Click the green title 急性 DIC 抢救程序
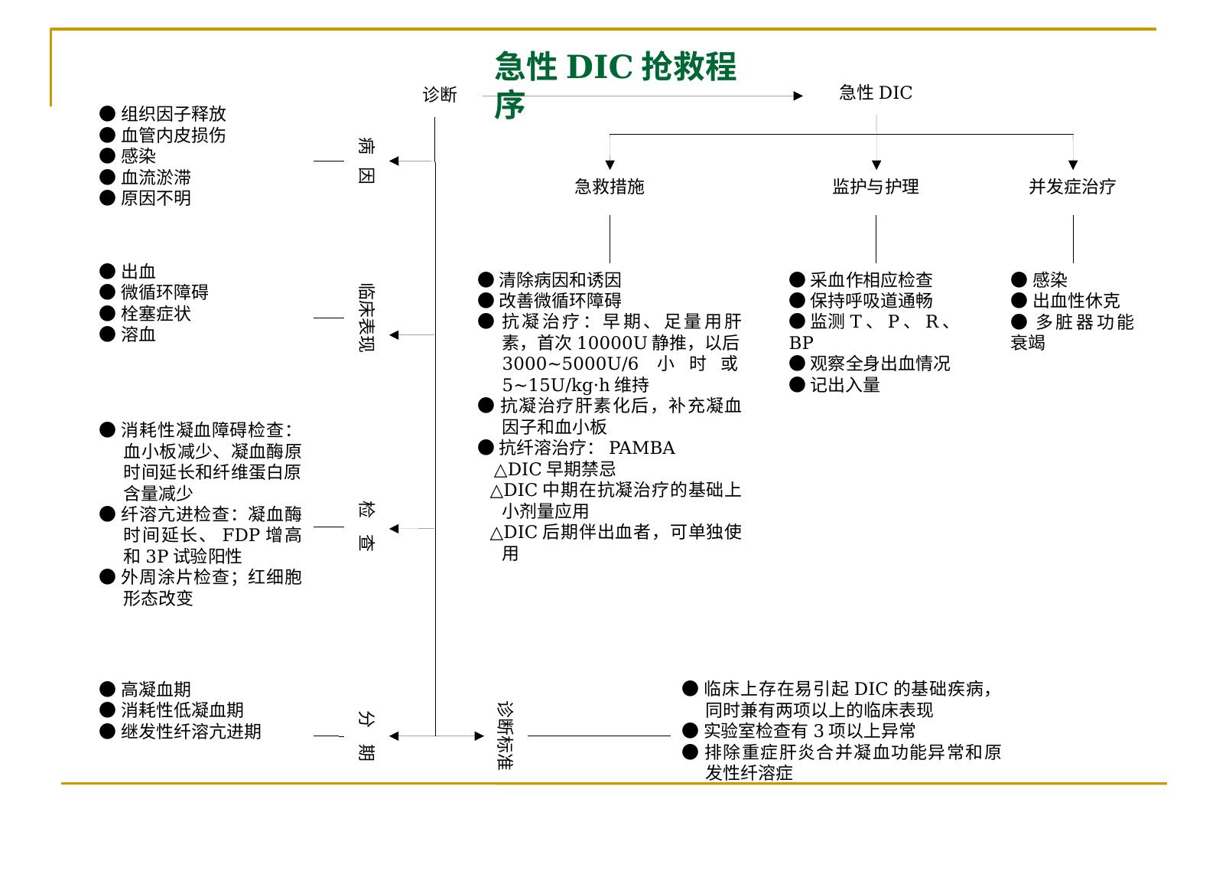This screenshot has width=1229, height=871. click(615, 84)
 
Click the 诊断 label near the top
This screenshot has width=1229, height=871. click(440, 94)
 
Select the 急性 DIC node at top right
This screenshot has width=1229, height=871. click(876, 93)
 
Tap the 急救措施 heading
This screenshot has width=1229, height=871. click(610, 187)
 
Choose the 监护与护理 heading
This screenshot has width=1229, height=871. click(876, 187)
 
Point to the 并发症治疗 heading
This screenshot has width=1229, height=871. click(1073, 187)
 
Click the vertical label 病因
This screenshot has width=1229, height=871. click(366, 161)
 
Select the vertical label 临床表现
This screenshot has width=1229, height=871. click(366, 318)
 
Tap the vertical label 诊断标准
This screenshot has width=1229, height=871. click(505, 736)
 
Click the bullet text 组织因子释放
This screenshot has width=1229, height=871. click(174, 114)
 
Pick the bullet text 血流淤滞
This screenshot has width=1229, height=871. click(156, 178)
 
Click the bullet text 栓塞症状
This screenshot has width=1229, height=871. click(156, 314)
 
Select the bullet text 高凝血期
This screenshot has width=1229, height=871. click(156, 689)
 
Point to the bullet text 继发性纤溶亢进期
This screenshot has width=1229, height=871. click(191, 732)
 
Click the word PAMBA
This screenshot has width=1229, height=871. click(642, 449)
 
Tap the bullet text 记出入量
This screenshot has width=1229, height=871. click(845, 385)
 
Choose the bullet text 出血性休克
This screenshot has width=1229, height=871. click(1076, 300)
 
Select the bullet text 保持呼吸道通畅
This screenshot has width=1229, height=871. click(871, 300)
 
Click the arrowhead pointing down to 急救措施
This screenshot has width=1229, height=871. click(610, 165)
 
